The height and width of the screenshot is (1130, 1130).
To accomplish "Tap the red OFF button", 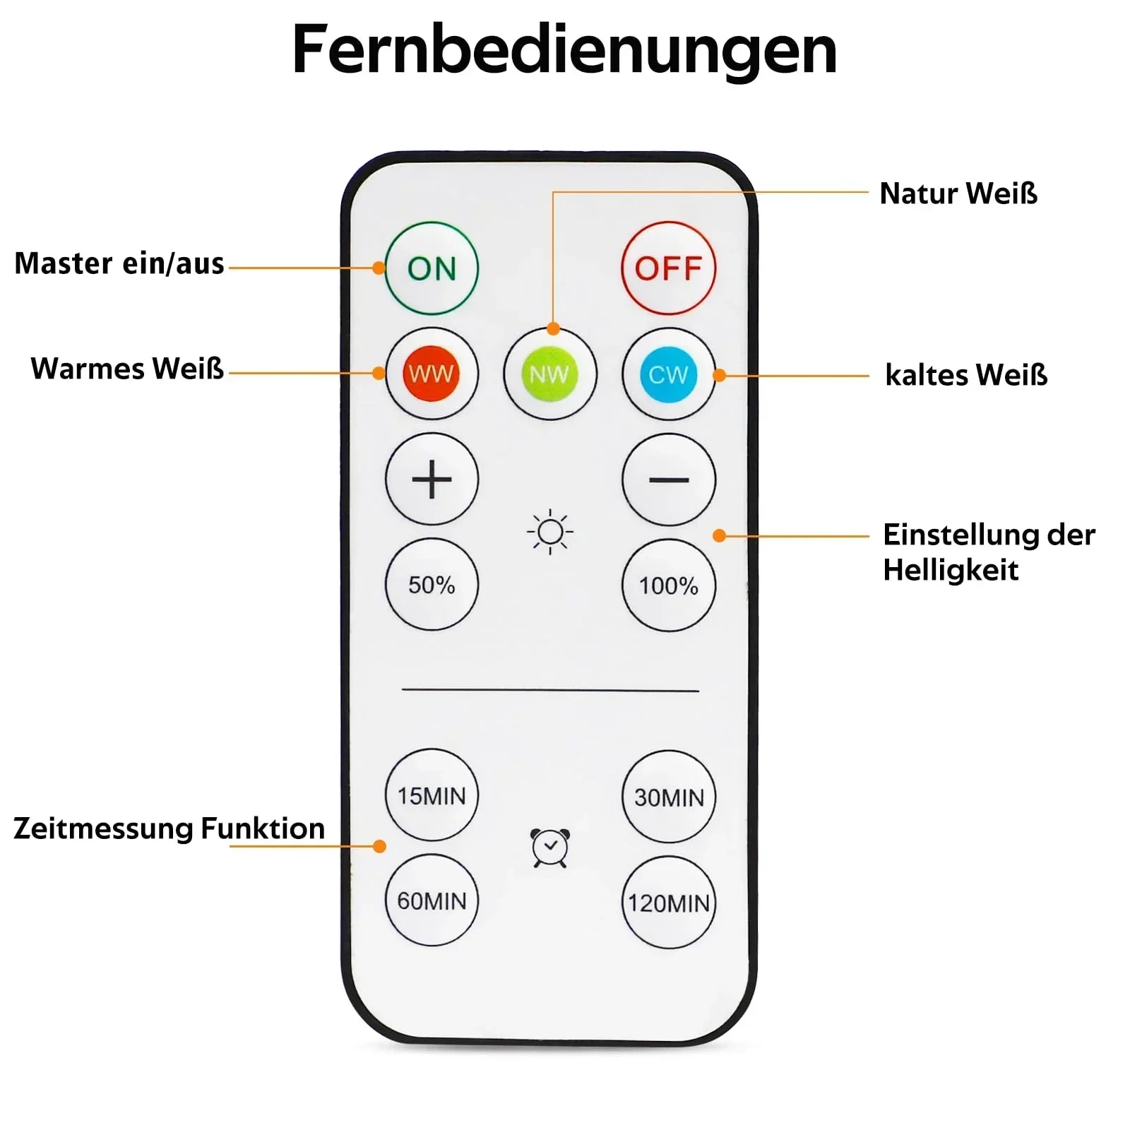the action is coord(668,268).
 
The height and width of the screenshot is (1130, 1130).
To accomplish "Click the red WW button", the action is coord(432,374).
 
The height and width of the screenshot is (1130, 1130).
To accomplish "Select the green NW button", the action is coord(549,374).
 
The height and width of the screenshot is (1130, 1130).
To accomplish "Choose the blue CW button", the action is coord(668,374).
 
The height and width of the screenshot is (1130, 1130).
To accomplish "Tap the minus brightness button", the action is coord(668,480).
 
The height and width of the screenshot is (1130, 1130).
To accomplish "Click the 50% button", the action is coord(432,585).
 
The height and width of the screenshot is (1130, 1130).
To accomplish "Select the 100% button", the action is coord(668,585).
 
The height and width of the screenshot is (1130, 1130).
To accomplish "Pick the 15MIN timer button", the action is coord(432,795).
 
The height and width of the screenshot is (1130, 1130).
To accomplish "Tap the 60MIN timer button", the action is coord(432,900).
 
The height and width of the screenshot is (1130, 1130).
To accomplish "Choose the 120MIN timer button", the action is coord(668,902).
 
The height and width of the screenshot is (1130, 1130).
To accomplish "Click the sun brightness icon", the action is coord(550,532).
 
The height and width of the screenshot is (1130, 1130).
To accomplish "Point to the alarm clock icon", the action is coord(550,847).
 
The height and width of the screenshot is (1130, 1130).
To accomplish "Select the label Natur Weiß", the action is coord(958,194).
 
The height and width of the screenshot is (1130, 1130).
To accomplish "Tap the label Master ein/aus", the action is coord(119,263).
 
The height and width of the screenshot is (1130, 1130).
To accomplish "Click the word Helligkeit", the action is coord(951,570).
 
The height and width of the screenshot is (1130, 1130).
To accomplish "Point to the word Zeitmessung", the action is coord(102,829).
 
